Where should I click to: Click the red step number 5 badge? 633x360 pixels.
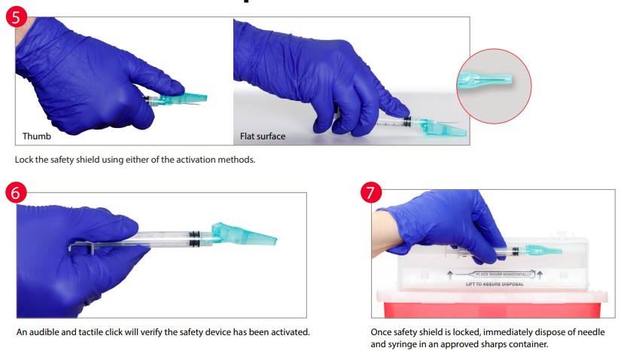17,17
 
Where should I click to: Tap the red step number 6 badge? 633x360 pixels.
17,193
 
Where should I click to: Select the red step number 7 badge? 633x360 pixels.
370,193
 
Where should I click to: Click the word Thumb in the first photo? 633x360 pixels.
37,136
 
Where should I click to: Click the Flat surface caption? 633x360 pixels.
263,136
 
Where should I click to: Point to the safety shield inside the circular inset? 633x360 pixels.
491,80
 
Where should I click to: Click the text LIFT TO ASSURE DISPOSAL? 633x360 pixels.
494,284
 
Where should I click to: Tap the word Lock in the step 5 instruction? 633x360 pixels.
23,160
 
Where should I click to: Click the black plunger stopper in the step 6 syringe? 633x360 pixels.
195,240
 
